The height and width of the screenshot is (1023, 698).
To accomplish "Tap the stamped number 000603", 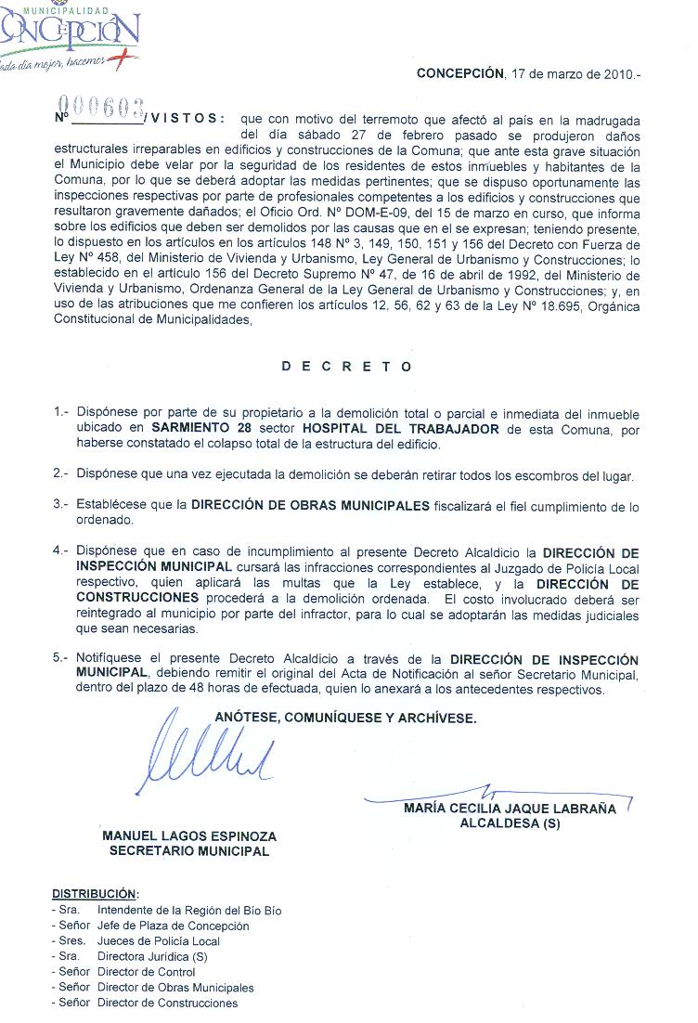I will click(103, 106).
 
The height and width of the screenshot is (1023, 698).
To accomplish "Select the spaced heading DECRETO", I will click(347, 367).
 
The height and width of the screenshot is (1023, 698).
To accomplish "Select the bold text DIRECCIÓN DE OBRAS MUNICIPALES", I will click(310, 506).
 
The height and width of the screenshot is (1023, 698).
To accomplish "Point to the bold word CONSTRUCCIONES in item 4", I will click(136, 598).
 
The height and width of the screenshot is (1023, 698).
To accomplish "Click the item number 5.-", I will click(61, 657).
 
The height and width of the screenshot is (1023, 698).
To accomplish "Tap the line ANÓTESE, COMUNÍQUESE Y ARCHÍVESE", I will click(346, 718).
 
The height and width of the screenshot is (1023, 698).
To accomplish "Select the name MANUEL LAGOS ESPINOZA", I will click(189, 835).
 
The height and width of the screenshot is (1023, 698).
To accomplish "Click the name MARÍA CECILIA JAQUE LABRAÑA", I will click(510, 809).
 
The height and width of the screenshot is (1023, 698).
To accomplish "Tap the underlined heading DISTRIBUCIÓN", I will click(94, 894).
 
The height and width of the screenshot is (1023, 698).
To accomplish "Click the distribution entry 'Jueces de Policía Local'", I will click(159, 941).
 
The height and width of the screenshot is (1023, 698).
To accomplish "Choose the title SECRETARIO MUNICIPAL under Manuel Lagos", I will click(189, 850).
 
